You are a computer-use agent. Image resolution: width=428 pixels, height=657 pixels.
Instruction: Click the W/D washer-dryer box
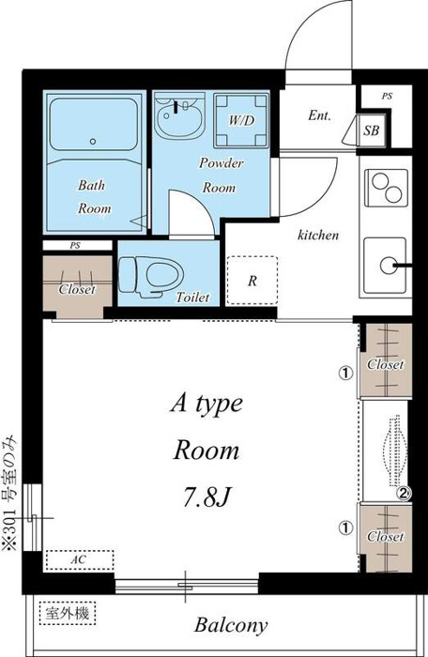pos(241,120)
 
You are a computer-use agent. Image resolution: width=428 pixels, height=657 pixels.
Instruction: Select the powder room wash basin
pos(178,115)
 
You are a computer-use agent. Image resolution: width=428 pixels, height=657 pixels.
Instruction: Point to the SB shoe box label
pos(372,130)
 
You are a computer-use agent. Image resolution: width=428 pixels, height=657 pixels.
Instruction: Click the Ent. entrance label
pos(319,115)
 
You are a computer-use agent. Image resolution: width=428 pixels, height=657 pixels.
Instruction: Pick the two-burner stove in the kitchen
pos(386,188)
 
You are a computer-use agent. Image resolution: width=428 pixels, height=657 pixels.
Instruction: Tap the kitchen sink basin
pos(385,266)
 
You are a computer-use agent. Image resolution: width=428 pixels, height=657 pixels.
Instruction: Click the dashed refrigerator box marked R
pos(252,280)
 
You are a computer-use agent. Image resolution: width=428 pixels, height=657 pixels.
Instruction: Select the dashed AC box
pos(79,559)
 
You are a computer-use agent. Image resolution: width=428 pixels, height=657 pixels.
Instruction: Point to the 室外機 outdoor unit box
pos(68,614)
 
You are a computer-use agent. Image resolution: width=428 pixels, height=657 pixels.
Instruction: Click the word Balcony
pos(231,625)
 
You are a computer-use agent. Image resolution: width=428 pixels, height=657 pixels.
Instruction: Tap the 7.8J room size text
pos(207,497)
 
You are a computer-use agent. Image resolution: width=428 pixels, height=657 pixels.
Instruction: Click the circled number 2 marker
pos(403,493)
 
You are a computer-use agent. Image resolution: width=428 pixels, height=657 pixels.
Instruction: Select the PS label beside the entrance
pos(387,96)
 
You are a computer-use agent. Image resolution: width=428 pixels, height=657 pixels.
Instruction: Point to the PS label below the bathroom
pos(75,246)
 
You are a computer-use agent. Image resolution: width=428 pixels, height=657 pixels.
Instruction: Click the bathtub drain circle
pos(93,142)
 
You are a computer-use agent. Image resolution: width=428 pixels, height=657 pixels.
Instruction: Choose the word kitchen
pos(318,235)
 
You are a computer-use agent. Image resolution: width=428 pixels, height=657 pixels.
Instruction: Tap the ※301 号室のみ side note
pos(10,493)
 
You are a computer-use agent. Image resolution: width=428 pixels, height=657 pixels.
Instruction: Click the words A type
pos(206,404)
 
